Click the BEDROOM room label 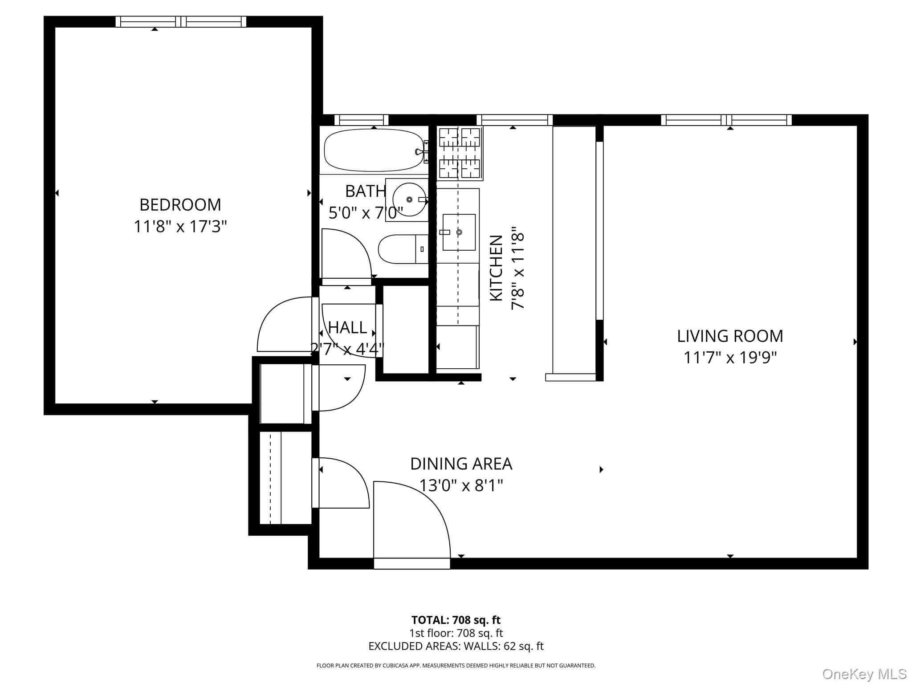coord(180,205)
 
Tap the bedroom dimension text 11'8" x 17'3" coord(180,227)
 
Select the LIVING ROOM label coord(729,336)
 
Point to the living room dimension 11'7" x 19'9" coord(729,358)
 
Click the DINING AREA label coord(461,464)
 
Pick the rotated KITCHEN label coord(496,268)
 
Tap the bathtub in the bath coord(373,151)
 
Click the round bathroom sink coord(408,199)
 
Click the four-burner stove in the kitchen coord(460,153)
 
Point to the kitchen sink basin coord(459,232)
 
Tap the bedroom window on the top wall coord(180,21)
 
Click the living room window coord(726,120)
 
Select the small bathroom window coord(361,120)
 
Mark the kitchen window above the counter coord(514,120)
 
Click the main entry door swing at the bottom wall coord(410,521)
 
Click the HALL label coord(347,328)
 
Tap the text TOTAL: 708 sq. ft coord(456,620)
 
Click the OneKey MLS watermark coord(864,674)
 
